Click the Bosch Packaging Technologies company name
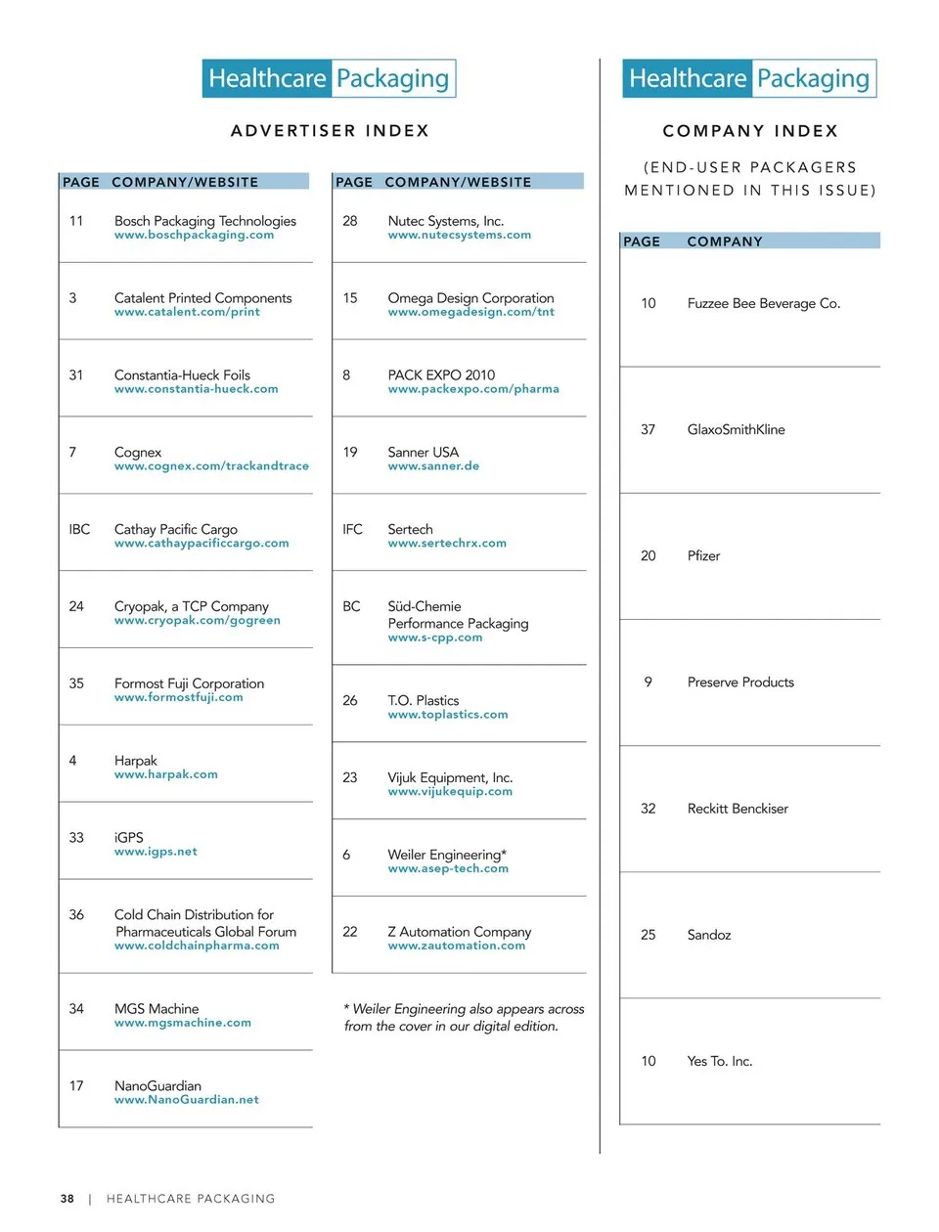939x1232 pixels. [204, 221]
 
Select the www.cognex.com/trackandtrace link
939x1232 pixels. [211, 466]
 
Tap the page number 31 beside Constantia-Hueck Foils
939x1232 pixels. [76, 375]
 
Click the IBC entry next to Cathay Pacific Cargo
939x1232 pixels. [79, 529]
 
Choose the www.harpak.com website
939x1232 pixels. [165, 774]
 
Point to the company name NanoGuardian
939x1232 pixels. [157, 1085]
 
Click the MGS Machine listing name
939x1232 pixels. [156, 1008]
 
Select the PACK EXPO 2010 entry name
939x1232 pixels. [441, 375]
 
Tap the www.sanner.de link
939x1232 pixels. [433, 466]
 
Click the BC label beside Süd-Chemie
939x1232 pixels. [351, 606]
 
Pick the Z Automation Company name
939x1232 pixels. [460, 932]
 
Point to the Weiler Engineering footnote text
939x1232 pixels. [464, 1018]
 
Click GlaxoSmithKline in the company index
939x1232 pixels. [736, 429]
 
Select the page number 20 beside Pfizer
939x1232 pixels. [648, 555]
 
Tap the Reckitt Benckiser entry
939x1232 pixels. [738, 809]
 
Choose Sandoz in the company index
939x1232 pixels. [709, 935]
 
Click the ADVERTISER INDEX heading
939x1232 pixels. [330, 131]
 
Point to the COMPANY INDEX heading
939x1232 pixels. [750, 131]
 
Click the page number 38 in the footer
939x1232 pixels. [67, 1199]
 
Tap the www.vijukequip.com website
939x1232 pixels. [450, 792]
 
